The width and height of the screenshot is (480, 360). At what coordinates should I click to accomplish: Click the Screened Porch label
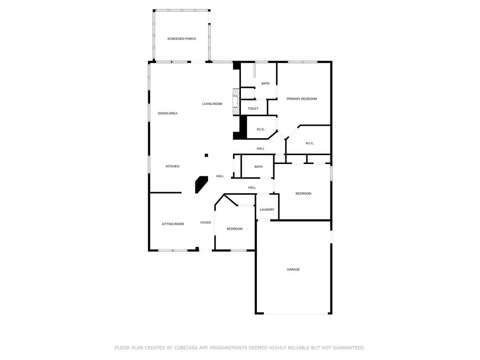click(181, 38)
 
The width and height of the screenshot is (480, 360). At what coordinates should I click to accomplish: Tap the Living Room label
click(212, 104)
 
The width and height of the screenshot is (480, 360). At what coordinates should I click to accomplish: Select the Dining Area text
click(167, 113)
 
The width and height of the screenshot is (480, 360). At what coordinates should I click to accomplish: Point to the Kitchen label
click(172, 166)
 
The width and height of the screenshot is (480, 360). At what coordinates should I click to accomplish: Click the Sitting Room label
click(172, 224)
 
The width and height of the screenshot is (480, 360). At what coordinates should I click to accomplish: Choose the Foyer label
click(205, 223)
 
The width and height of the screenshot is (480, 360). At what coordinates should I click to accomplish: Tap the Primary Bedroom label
click(302, 99)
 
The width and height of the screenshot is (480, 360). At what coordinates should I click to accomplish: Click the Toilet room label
click(253, 109)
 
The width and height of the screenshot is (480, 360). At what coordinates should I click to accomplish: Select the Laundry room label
click(267, 210)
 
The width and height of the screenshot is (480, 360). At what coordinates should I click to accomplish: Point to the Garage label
click(293, 270)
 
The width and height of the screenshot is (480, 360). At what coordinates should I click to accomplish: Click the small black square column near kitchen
click(206, 156)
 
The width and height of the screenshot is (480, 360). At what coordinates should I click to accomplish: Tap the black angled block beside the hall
click(201, 184)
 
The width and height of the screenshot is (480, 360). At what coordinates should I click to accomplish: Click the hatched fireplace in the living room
click(236, 102)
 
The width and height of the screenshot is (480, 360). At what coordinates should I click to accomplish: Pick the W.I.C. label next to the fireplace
click(261, 129)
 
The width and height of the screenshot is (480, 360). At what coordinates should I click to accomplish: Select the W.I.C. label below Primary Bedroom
click(309, 143)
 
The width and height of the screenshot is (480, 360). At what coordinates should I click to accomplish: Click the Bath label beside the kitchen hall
click(258, 167)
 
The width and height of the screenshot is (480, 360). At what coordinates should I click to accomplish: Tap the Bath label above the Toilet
click(265, 83)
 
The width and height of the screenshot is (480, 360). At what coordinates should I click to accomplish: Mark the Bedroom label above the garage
click(303, 194)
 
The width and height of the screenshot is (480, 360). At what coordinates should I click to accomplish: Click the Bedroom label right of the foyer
click(234, 229)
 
